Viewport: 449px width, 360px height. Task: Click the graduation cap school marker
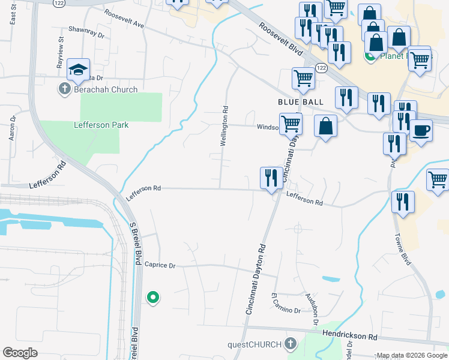(79, 70)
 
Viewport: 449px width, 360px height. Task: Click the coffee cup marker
(421, 131)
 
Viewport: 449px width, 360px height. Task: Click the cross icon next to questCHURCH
(290, 344)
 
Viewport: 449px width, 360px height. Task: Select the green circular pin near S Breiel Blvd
(153, 296)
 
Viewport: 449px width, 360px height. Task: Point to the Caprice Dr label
(160, 265)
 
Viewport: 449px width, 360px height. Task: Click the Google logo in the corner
(20, 353)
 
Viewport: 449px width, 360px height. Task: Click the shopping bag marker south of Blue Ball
(325, 126)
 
